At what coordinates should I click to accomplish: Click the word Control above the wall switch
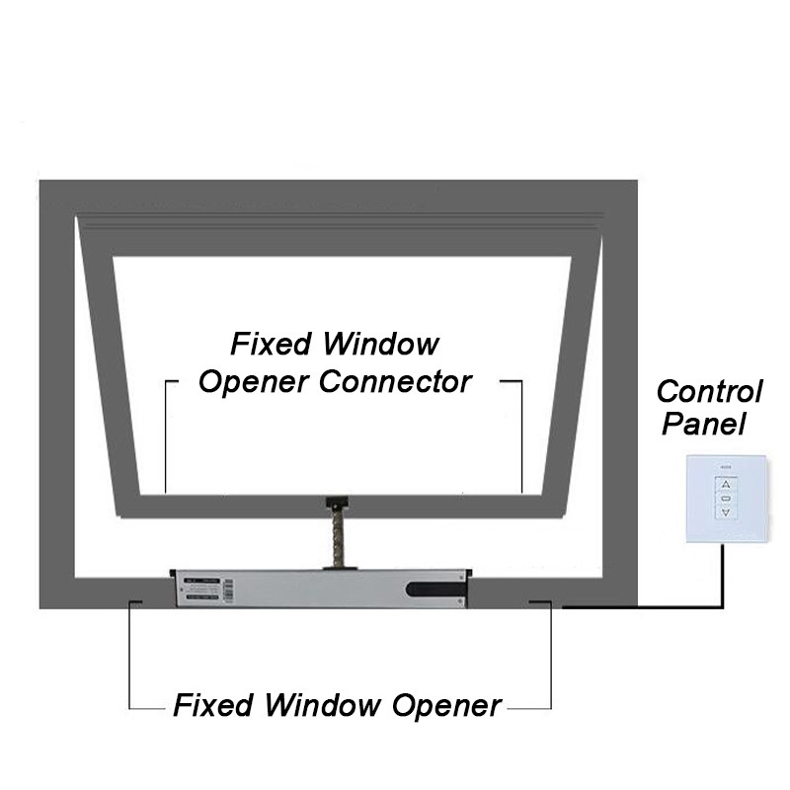tap(710, 391)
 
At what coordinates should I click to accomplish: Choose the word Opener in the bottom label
tap(447, 705)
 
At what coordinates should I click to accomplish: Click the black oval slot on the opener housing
tap(432, 591)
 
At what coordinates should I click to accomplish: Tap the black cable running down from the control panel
tap(727, 573)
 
